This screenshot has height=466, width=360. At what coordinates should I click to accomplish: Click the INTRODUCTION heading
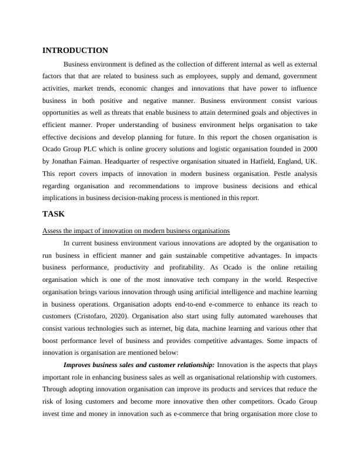click(75, 51)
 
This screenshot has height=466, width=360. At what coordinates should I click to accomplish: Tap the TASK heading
click(54, 214)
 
